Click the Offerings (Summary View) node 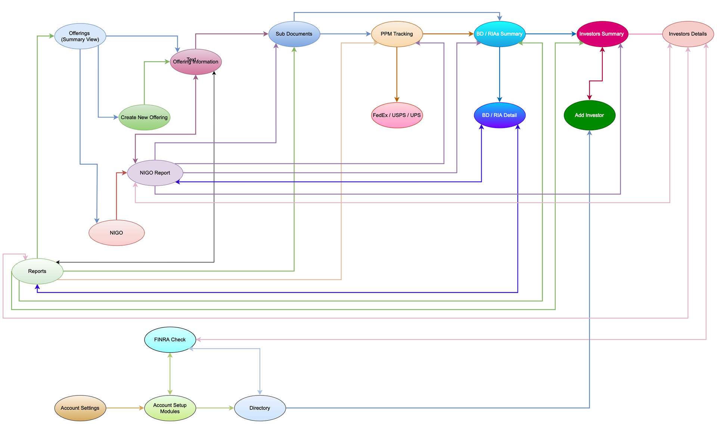click(80, 36)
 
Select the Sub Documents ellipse click(294, 34)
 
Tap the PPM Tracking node click(397, 34)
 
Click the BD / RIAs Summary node click(499, 34)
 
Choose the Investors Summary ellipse click(602, 34)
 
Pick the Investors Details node click(687, 34)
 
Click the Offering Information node click(196, 62)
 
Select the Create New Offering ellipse click(144, 117)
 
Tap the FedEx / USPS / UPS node click(397, 115)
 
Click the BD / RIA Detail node click(499, 115)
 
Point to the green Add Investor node click(589, 115)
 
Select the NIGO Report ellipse click(155, 173)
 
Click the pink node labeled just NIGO click(117, 233)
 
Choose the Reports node click(37, 271)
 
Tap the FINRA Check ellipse click(170, 339)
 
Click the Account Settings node click(80, 408)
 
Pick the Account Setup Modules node click(170, 408)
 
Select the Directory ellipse click(260, 408)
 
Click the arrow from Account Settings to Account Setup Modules click(125, 408)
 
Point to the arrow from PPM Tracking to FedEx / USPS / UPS click(397, 75)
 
